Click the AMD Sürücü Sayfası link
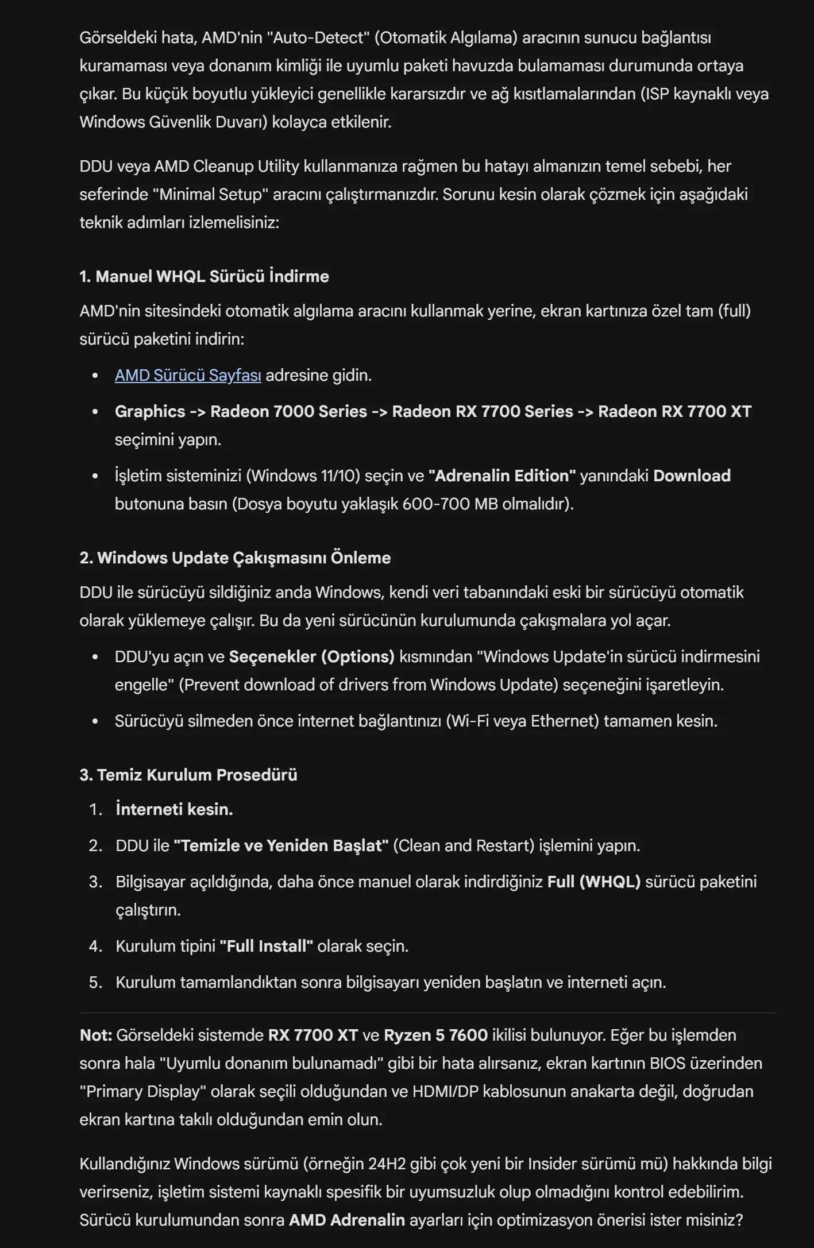tap(188, 376)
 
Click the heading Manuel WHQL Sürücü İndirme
tap(204, 277)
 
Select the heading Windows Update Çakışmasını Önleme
tap(235, 558)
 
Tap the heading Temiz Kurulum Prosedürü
tap(188, 775)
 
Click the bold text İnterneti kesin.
tap(174, 810)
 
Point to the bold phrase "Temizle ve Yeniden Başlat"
tap(281, 846)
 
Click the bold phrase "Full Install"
tap(266, 946)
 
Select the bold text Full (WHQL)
tap(593, 882)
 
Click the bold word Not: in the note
tap(95, 1036)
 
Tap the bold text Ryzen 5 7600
tap(435, 1036)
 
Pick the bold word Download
tap(692, 476)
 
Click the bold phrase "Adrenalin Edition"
tap(502, 476)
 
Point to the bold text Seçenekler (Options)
tap(311, 657)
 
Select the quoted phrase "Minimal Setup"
tap(210, 195)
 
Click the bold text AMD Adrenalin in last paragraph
tap(346, 1220)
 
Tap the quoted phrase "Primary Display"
tap(142, 1092)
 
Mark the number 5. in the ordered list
tap(95, 983)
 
